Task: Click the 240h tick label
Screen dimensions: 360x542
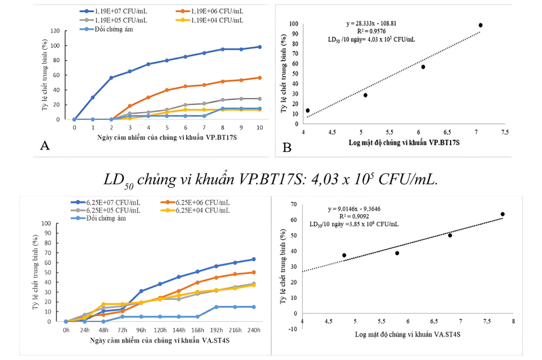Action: click(x=253, y=331)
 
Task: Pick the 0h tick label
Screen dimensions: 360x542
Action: click(x=66, y=331)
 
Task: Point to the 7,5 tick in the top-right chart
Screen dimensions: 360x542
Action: click(x=505, y=132)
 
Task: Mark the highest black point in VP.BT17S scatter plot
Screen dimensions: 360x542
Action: click(x=480, y=25)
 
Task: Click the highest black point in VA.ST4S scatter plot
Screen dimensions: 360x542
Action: click(x=502, y=214)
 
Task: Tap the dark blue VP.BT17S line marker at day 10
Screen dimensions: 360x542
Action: click(x=259, y=47)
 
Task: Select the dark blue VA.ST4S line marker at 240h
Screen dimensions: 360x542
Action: click(x=253, y=259)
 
